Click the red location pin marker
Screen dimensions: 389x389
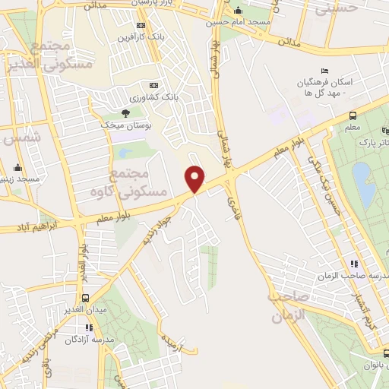click(196, 178)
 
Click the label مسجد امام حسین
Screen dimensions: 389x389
click(239, 22)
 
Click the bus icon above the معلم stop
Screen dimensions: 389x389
click(353, 115)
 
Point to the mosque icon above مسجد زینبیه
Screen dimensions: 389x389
click(17, 168)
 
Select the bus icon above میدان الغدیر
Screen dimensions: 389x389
click(85, 298)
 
